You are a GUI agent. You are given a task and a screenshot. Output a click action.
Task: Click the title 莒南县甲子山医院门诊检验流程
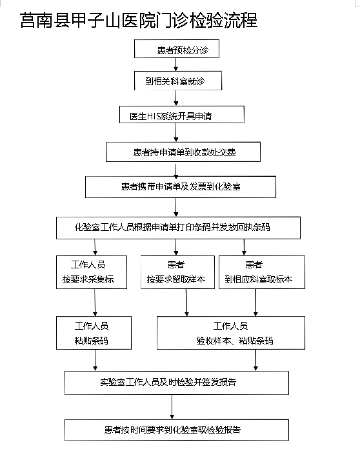(x=139, y=20)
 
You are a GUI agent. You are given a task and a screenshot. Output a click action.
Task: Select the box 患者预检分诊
(x=177, y=49)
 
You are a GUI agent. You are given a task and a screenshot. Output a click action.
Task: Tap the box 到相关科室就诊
(x=178, y=81)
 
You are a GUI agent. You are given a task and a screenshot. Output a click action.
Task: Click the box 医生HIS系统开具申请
(x=182, y=115)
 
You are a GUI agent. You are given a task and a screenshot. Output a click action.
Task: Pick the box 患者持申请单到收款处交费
(x=183, y=152)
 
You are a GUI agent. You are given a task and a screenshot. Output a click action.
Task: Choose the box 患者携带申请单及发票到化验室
(x=181, y=186)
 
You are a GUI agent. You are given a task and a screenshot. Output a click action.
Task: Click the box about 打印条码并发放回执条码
(x=178, y=228)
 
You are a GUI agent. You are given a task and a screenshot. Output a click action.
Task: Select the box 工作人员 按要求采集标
(x=92, y=272)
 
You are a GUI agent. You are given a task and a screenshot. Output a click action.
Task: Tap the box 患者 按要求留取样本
(x=177, y=272)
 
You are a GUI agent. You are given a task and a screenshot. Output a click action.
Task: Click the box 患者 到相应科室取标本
(x=262, y=272)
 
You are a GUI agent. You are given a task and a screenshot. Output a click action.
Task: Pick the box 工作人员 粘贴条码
(x=94, y=333)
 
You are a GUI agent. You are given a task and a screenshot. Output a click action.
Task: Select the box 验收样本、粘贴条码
(x=231, y=333)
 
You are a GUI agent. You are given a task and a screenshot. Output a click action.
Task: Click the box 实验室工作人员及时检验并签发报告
(x=177, y=383)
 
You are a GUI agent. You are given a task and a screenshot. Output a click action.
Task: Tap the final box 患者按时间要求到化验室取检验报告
(x=177, y=430)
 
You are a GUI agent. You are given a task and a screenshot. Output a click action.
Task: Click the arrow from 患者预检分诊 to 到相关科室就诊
(x=176, y=65)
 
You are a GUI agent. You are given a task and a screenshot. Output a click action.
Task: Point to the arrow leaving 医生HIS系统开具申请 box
(x=176, y=132)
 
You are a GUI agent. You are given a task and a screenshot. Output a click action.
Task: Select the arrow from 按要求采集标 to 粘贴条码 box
(x=95, y=303)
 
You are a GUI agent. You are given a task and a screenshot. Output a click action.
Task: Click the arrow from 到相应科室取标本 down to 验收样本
(x=255, y=303)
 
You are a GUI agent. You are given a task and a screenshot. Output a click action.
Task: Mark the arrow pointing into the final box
(x=172, y=407)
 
